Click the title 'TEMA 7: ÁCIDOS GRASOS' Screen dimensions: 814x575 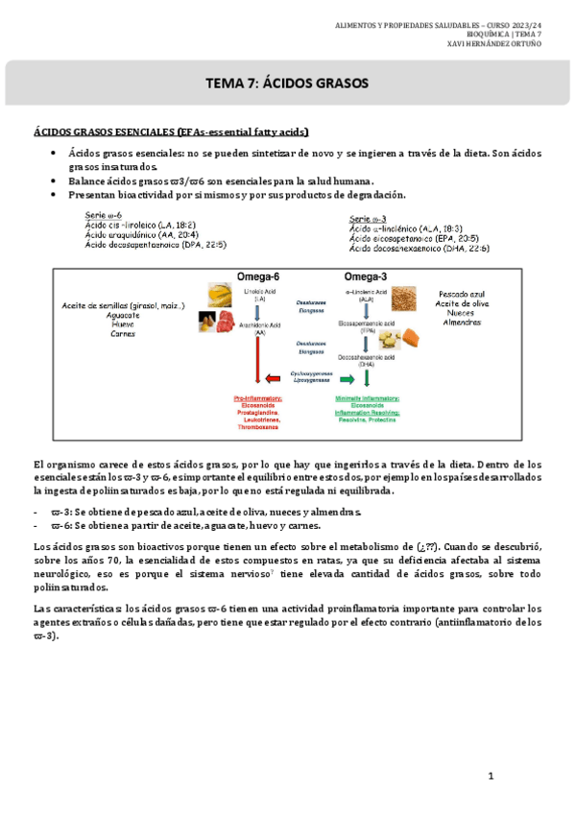(287, 84)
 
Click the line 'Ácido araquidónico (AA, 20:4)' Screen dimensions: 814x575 (141, 235)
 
